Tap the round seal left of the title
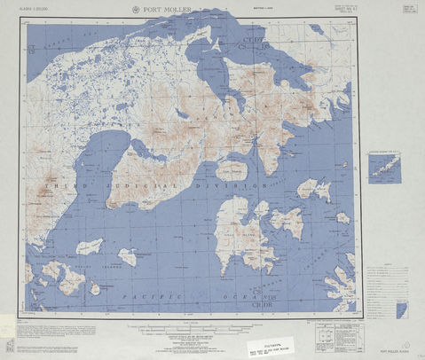135,10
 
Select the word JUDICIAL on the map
140,183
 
